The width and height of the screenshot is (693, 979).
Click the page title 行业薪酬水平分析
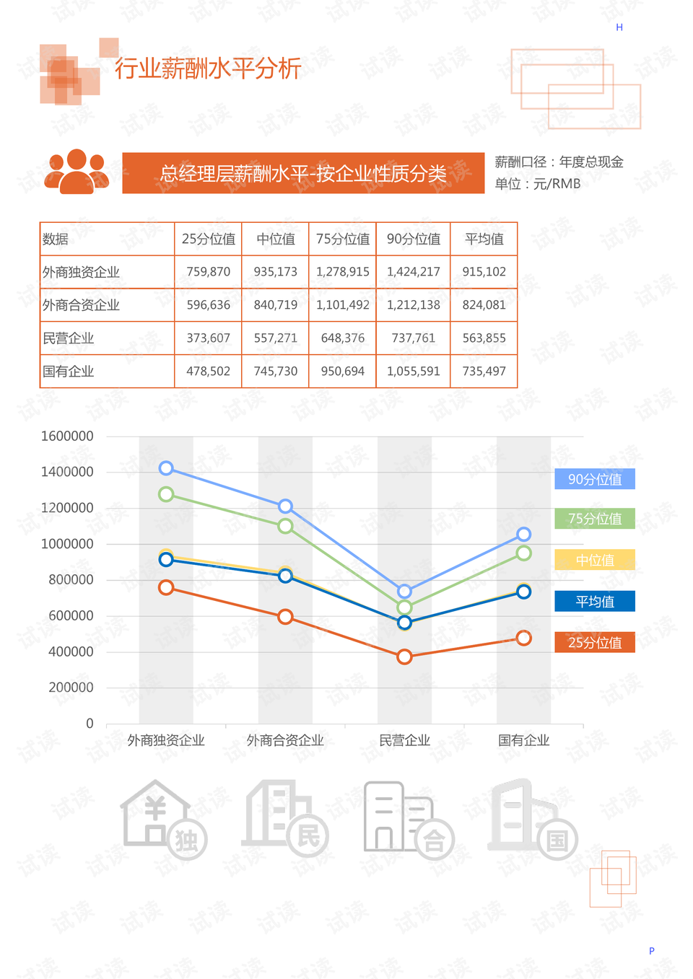[208, 69]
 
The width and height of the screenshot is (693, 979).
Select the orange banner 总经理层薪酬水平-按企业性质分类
[303, 173]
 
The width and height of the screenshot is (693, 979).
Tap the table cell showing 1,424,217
[413, 272]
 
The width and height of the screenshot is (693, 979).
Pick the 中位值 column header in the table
[275, 239]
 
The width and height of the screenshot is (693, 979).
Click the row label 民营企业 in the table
[69, 338]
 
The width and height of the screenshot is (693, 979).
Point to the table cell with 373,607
[208, 338]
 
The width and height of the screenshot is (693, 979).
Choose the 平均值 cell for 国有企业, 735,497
[484, 372]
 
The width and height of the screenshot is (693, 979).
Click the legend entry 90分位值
[595, 479]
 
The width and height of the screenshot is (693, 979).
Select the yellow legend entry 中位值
[595, 560]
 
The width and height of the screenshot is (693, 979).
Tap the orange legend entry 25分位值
[595, 642]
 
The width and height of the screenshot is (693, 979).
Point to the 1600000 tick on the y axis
[67, 436]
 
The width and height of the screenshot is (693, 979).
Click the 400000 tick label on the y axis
[71, 651]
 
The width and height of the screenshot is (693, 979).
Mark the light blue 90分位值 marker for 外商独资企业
[166, 468]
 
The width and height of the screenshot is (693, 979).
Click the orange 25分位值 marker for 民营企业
[404, 657]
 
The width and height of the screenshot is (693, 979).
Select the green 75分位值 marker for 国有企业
[524, 553]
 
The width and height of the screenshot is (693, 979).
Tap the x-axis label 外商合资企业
[285, 740]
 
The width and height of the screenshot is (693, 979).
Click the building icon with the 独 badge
[163, 819]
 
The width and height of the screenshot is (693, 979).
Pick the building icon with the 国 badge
[533, 819]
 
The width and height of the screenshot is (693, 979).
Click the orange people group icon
[77, 172]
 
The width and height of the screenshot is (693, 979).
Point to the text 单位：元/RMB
[538, 184]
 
